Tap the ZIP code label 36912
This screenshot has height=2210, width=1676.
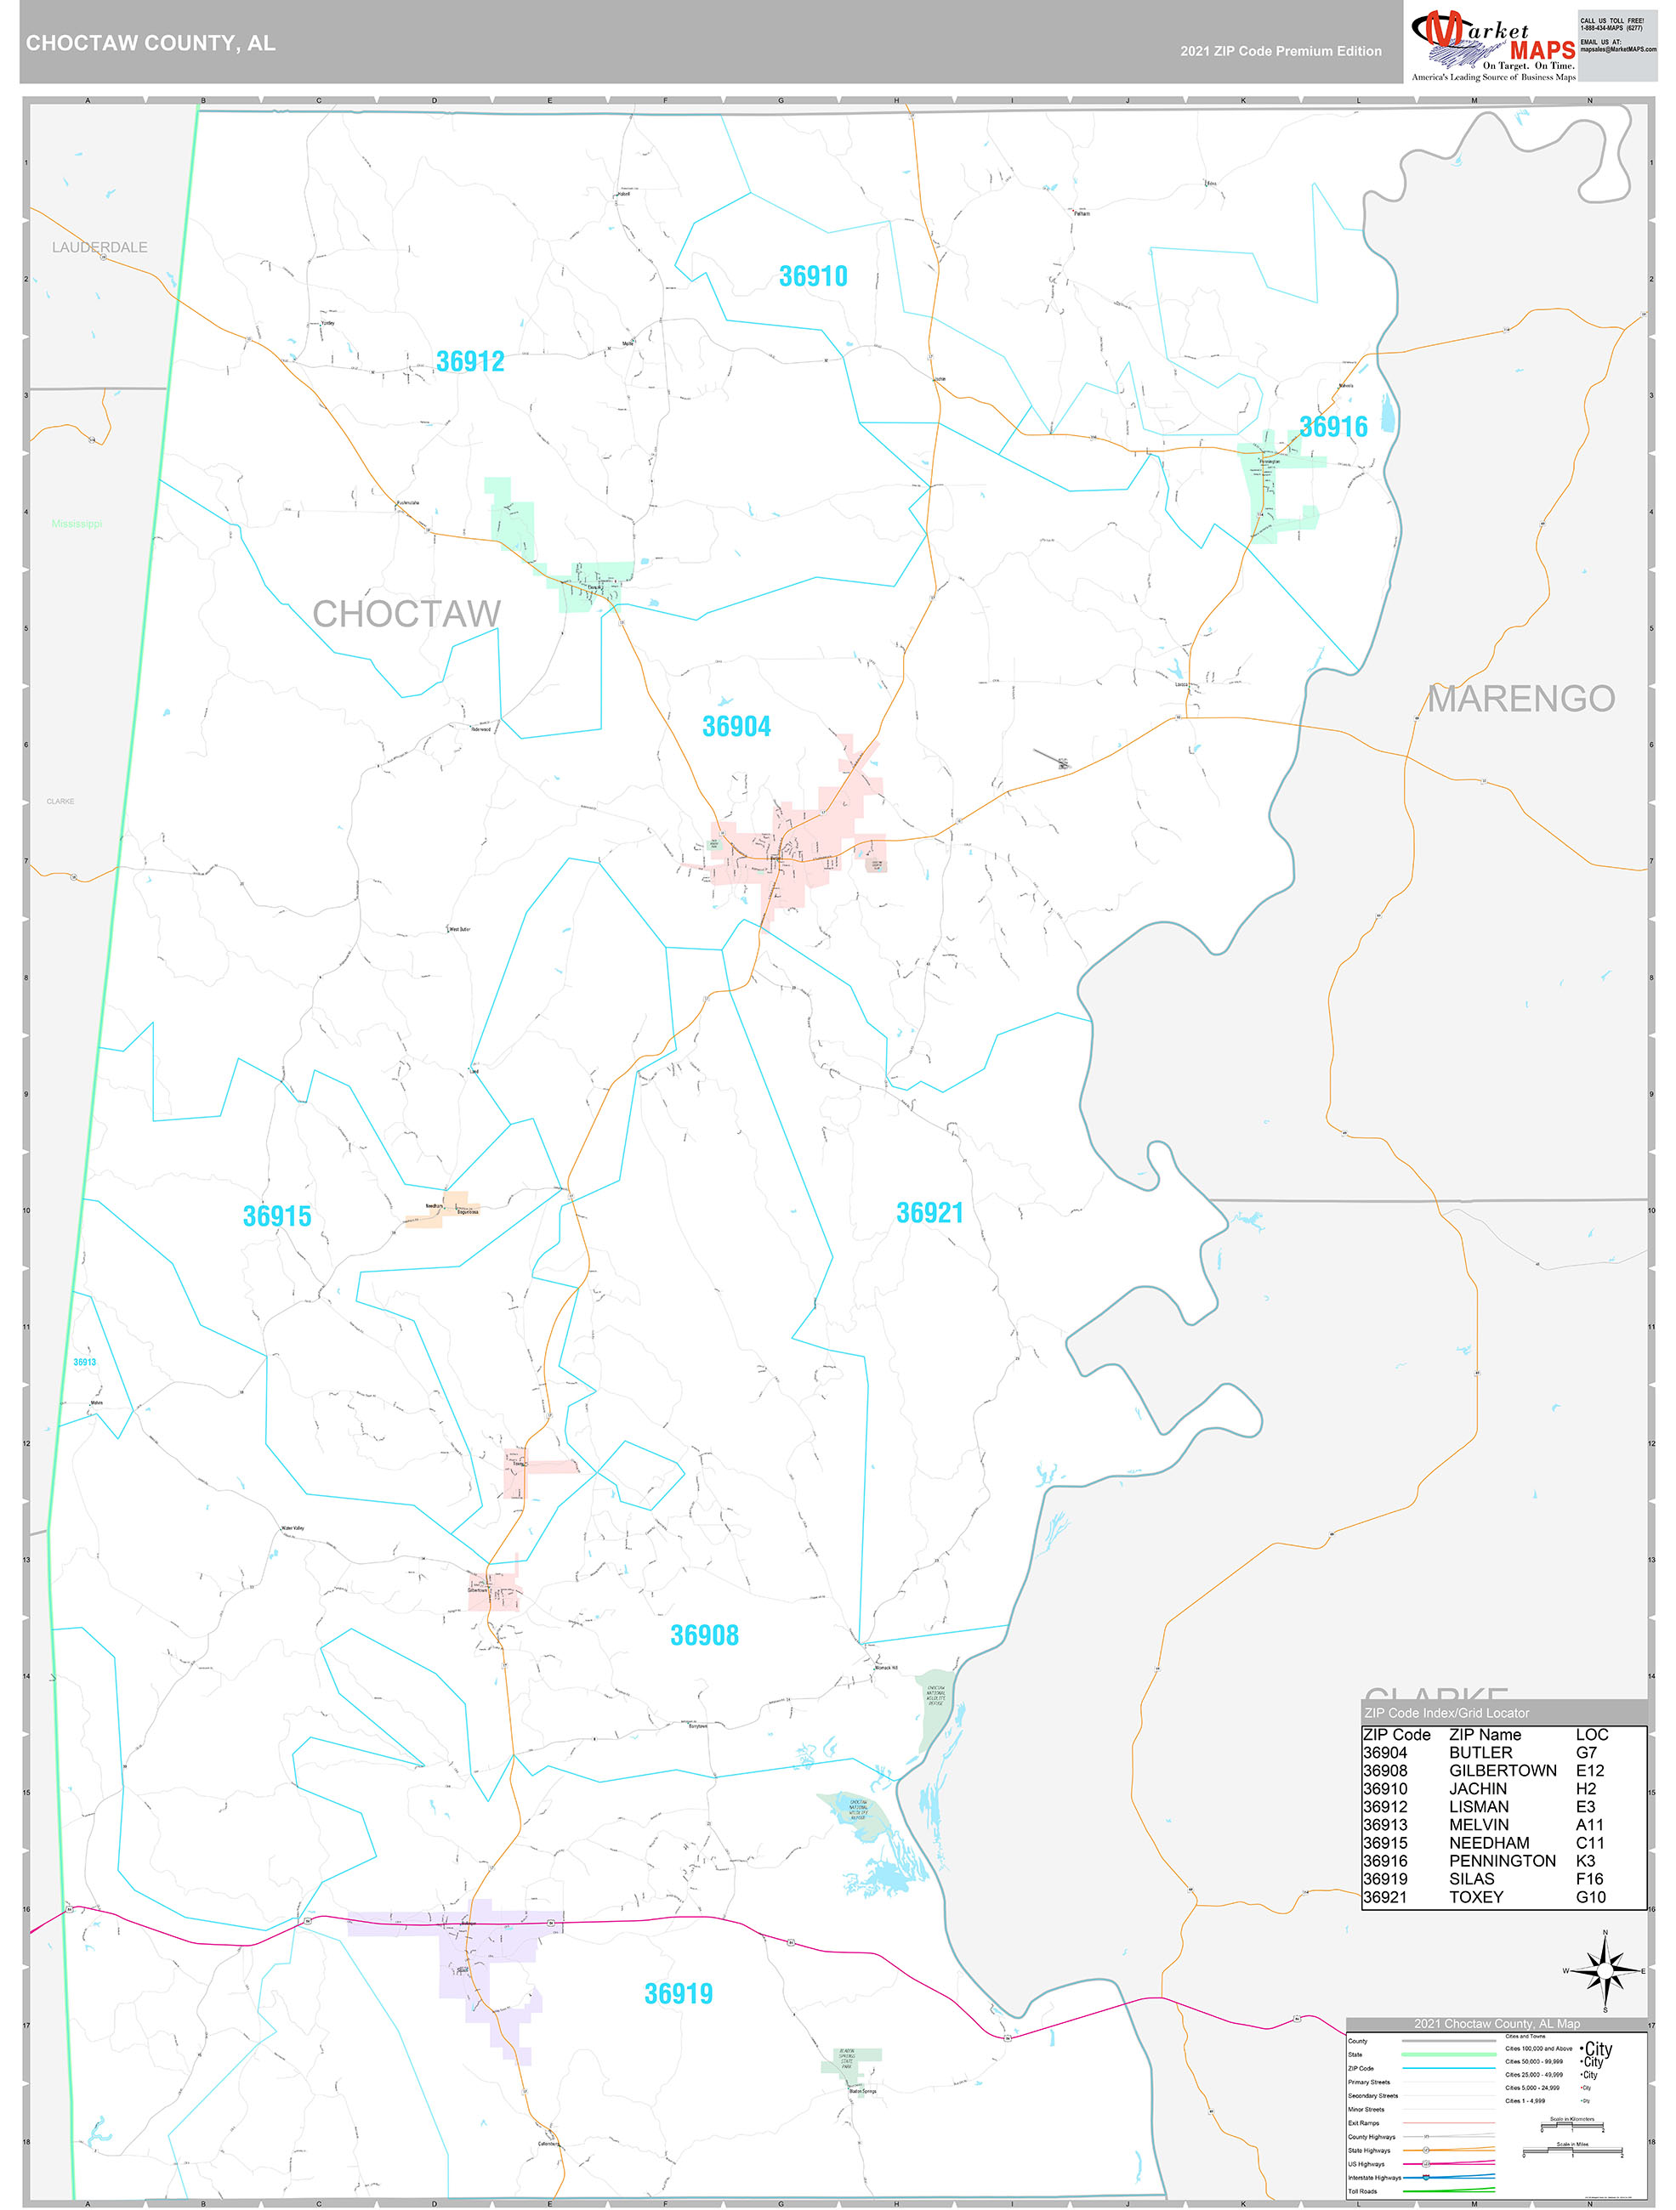tap(469, 361)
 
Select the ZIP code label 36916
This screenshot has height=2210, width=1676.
tap(1332, 427)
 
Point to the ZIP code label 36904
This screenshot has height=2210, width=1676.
tap(736, 727)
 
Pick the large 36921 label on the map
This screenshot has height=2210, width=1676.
tap(929, 1213)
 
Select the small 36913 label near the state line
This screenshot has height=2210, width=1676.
tap(85, 1362)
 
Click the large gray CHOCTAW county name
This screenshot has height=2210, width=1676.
tap(406, 614)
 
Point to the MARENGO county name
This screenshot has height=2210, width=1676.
tap(1520, 699)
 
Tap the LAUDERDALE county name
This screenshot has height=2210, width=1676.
tap(100, 246)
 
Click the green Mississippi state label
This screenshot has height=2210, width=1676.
tap(77, 524)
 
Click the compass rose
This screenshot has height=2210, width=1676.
tap(1605, 1970)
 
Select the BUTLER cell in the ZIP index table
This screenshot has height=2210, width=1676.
tap(1480, 1753)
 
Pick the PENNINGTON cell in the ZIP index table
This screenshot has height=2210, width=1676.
tap(1501, 1861)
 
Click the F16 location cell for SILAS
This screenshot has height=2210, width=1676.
tap(1589, 1878)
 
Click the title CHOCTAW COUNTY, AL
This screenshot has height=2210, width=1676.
tap(151, 43)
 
